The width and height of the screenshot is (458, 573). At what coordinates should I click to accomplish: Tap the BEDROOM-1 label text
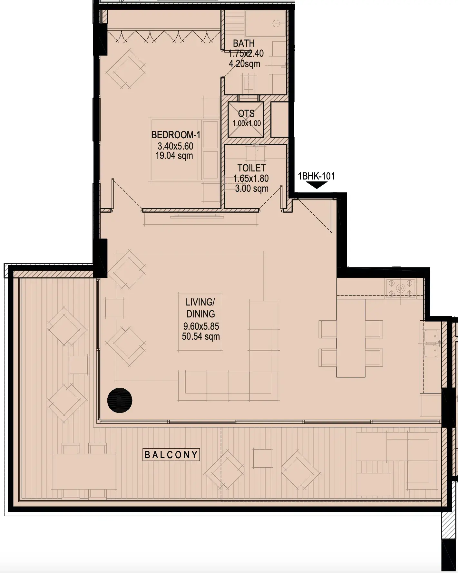tap(176, 135)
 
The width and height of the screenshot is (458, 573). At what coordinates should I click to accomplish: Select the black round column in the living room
tap(120, 400)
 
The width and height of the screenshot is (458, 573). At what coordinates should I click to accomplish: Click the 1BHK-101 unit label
tap(316, 176)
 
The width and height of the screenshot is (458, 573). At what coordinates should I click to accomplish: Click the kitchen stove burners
tap(400, 287)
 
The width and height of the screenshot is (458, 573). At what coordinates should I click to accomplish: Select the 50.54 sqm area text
tap(201, 337)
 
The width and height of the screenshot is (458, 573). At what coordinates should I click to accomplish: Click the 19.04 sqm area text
tap(174, 156)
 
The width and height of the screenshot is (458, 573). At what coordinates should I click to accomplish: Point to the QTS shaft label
tap(246, 114)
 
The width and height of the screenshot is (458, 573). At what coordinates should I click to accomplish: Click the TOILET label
tap(251, 168)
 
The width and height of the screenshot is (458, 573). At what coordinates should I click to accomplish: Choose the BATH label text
tap(244, 43)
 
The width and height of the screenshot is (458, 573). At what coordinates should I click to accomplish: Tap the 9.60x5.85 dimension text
tap(201, 326)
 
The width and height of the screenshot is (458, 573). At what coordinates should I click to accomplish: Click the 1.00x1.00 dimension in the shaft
tap(247, 123)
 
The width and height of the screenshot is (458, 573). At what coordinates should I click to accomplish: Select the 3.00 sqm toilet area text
tap(252, 189)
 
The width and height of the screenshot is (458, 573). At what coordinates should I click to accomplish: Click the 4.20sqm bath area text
tap(244, 64)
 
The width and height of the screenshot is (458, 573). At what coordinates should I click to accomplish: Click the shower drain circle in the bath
tap(276, 23)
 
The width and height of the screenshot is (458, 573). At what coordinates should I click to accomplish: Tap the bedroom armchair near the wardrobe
tap(126, 68)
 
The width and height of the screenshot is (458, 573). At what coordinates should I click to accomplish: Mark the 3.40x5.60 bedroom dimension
tap(175, 146)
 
